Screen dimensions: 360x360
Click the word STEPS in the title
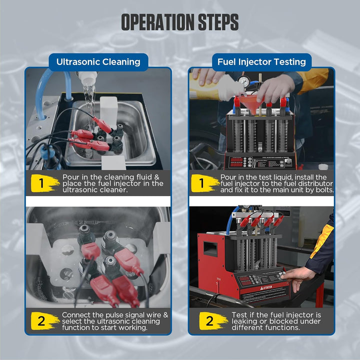(x=218, y=22)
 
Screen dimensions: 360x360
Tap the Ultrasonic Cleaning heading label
(x=98, y=62)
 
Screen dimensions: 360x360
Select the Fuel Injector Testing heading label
(x=261, y=62)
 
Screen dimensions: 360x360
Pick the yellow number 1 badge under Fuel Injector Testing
(x=204, y=183)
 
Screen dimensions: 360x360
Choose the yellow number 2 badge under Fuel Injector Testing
(x=212, y=320)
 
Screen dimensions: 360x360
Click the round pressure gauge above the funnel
(x=243, y=80)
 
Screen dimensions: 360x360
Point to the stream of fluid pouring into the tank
(x=90, y=105)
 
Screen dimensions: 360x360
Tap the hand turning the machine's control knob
(x=296, y=278)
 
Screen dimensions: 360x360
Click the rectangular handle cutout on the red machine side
(x=210, y=249)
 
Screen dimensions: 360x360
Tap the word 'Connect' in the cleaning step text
(x=76, y=315)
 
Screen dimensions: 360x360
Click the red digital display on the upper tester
(x=236, y=162)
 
